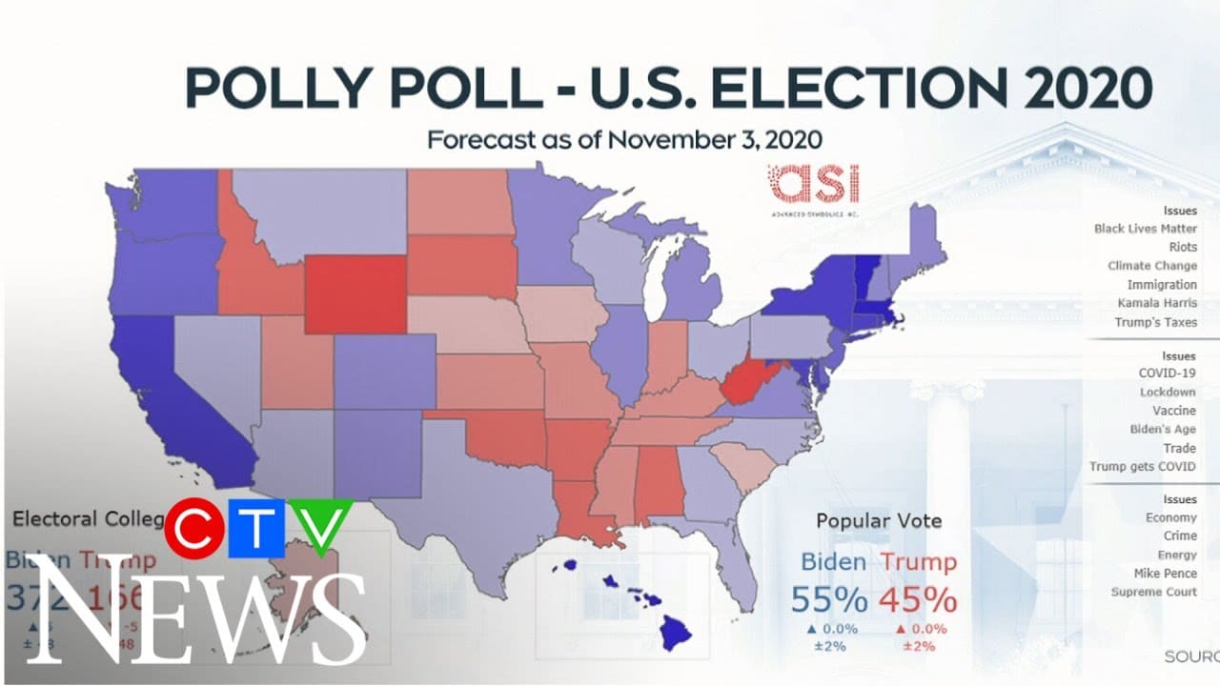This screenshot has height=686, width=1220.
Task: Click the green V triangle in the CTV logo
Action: click(321, 524)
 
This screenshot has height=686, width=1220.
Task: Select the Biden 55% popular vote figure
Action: click(833, 599)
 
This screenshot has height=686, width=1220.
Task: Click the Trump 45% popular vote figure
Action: click(917, 599)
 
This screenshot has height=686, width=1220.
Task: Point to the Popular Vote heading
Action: click(879, 520)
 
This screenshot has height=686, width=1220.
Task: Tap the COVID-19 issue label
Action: click(1169, 373)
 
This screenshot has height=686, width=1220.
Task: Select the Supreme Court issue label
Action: click(1153, 592)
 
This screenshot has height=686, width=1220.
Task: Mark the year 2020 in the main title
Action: click(1084, 88)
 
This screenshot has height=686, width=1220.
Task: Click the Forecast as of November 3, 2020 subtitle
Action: click(624, 139)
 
